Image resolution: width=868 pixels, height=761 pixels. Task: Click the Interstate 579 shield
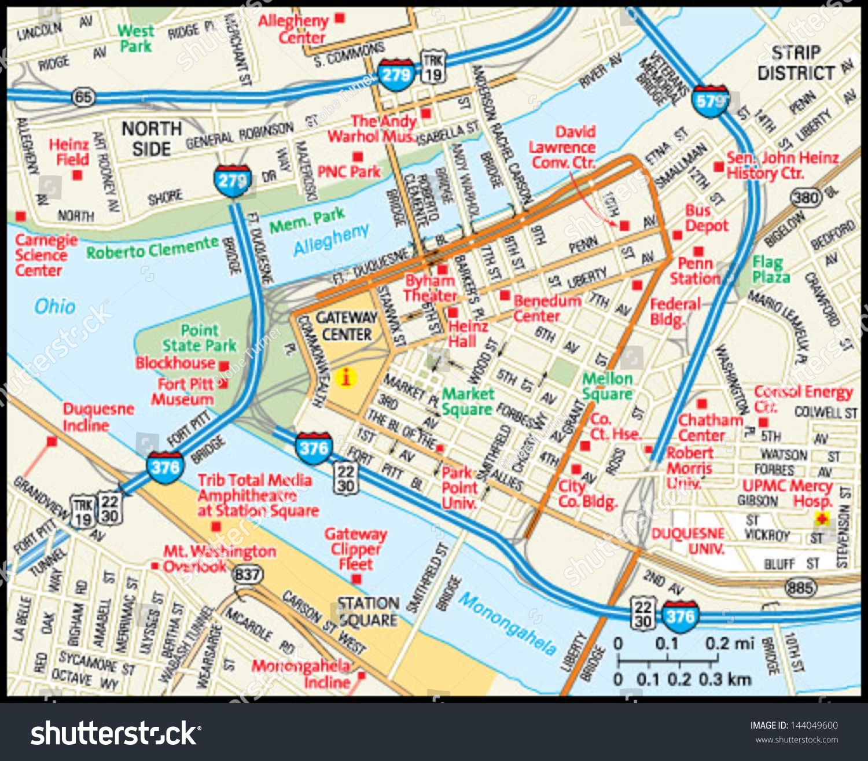point(710,101)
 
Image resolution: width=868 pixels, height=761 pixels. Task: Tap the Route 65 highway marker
point(83,97)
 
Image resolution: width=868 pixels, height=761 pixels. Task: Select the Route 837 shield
point(247,575)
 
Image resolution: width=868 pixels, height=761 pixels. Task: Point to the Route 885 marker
point(800,589)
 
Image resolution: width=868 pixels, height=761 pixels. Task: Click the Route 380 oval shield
point(806,198)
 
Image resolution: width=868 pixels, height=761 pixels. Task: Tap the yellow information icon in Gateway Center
point(346,377)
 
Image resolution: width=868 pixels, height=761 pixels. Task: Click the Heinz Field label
point(69,152)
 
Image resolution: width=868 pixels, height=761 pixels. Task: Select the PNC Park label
point(349,172)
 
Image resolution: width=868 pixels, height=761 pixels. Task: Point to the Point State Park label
point(200,338)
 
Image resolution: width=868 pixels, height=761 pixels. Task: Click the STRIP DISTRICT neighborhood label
point(796,63)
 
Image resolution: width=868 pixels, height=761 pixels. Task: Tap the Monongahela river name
point(507,624)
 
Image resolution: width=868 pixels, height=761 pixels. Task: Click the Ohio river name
point(55,306)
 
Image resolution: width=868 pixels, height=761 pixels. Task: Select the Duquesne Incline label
point(98,417)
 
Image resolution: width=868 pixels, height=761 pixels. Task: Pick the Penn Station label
point(695,271)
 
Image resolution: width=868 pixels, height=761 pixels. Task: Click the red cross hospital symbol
point(822,519)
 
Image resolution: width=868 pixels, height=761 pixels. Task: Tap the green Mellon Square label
point(607,386)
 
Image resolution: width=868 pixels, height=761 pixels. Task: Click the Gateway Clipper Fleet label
point(355,549)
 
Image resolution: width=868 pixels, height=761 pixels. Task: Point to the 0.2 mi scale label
point(729,644)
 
